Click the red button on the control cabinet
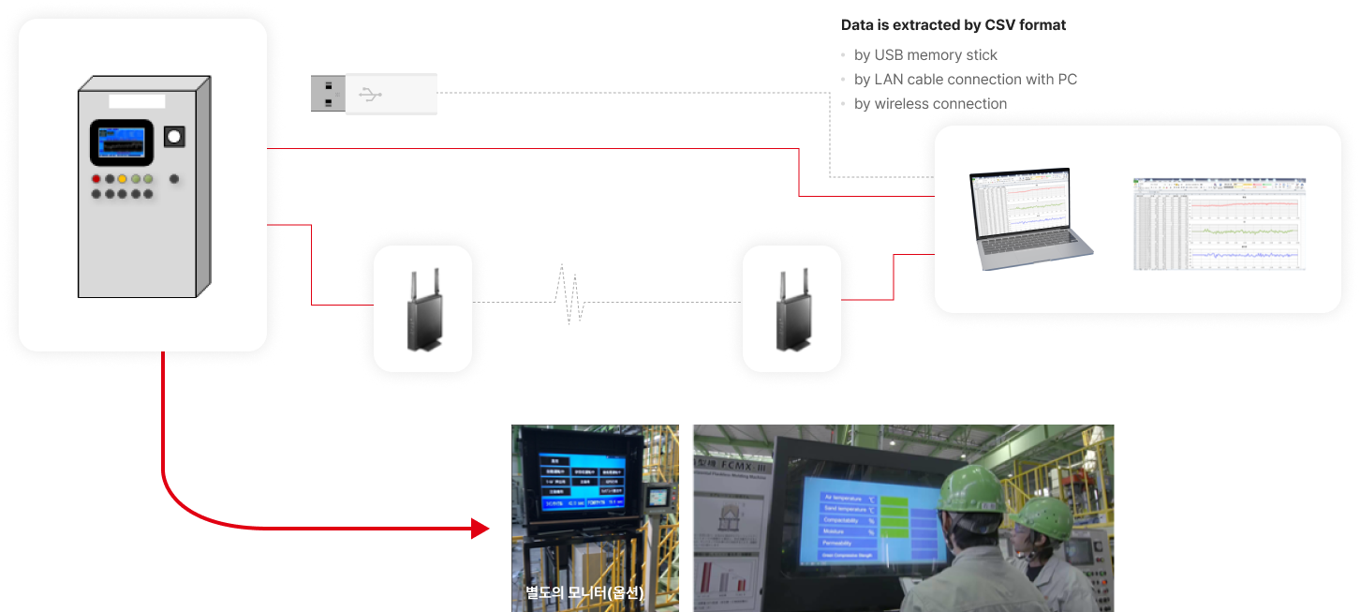[96, 178]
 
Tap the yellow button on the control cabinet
[122, 178]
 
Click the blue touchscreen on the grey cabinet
[122, 144]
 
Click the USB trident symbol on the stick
[371, 94]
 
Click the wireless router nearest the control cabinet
[422, 308]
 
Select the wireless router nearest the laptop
[791, 308]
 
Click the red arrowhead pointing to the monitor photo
[480, 530]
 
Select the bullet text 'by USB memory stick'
[925, 55]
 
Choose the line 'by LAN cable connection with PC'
[965, 80]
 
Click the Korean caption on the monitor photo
[584, 593]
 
